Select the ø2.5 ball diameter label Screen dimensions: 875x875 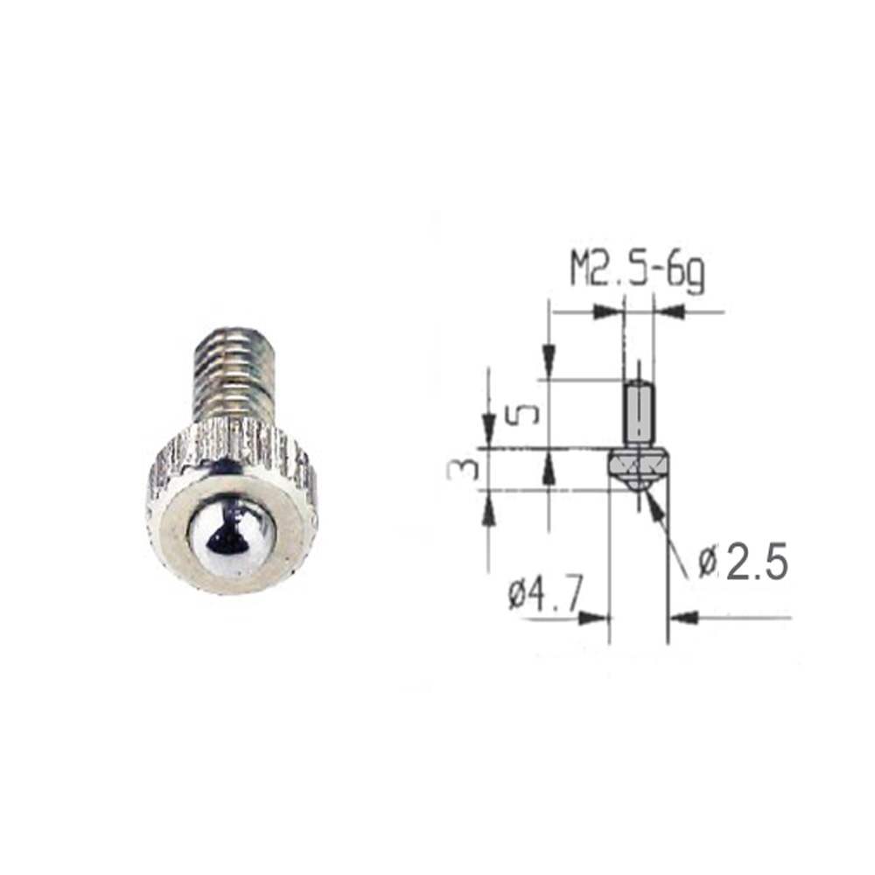pos(743,561)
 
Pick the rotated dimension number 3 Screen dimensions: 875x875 pos(464,469)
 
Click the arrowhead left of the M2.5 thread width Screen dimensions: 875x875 pos(607,312)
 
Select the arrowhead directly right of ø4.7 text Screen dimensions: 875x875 pos(592,618)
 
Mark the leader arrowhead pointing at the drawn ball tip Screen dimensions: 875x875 pos(654,505)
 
